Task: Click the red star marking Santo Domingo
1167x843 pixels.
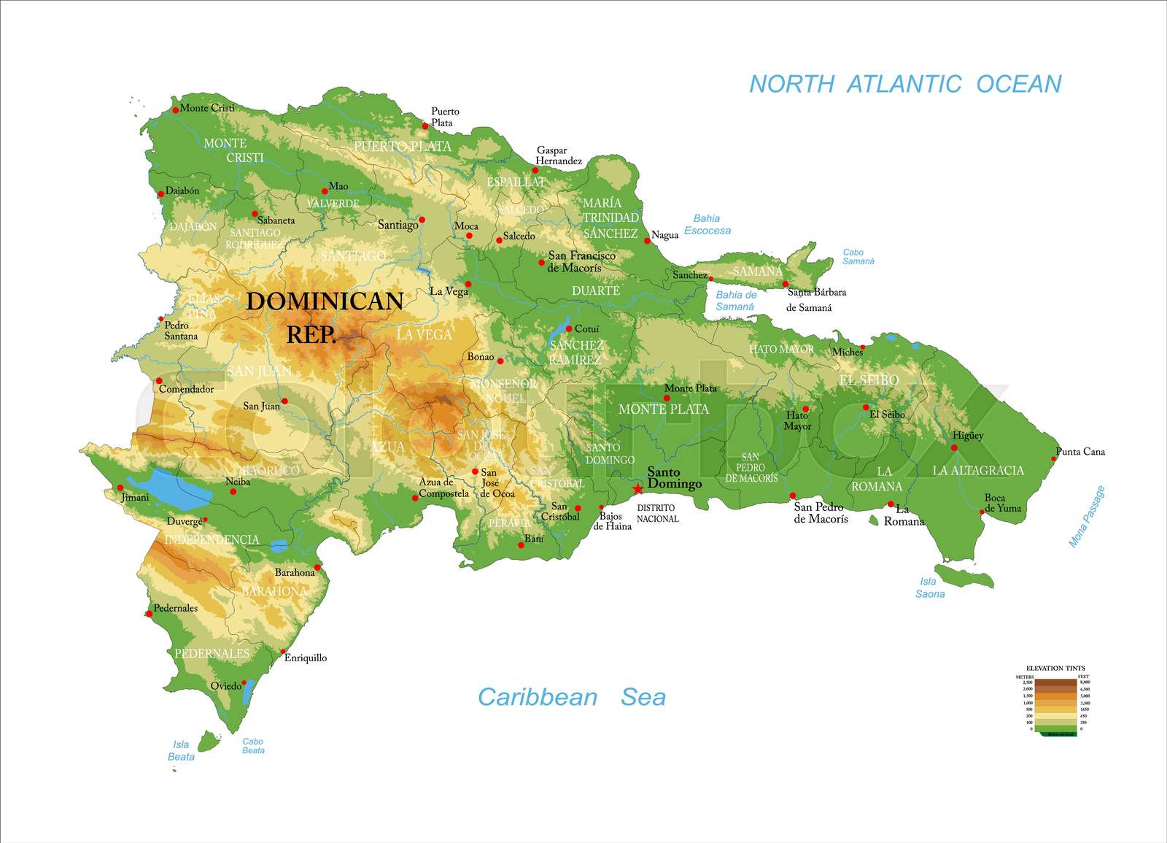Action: click(638, 488)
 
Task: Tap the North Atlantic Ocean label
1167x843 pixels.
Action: click(905, 84)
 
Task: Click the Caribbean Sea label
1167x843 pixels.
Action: click(571, 697)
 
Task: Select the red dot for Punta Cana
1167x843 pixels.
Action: click(1053, 458)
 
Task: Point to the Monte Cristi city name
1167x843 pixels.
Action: click(207, 108)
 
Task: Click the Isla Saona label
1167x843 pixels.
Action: click(929, 588)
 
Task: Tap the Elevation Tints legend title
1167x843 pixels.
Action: click(1055, 668)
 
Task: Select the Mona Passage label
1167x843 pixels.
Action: click(1086, 517)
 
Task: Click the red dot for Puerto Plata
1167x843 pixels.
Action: click(425, 126)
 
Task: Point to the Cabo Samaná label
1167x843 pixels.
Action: click(858, 256)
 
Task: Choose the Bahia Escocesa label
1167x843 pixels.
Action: click(707, 224)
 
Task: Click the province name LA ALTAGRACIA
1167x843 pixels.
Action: click(978, 471)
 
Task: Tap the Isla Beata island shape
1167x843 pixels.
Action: click(209, 742)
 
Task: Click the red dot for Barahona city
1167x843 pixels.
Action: click(317, 567)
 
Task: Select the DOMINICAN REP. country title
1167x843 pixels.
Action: click(324, 317)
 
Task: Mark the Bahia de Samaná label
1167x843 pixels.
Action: click(735, 301)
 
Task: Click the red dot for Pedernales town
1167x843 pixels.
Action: click(150, 614)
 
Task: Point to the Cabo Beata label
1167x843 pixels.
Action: click(253, 746)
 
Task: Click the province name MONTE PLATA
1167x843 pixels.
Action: click(663, 409)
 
